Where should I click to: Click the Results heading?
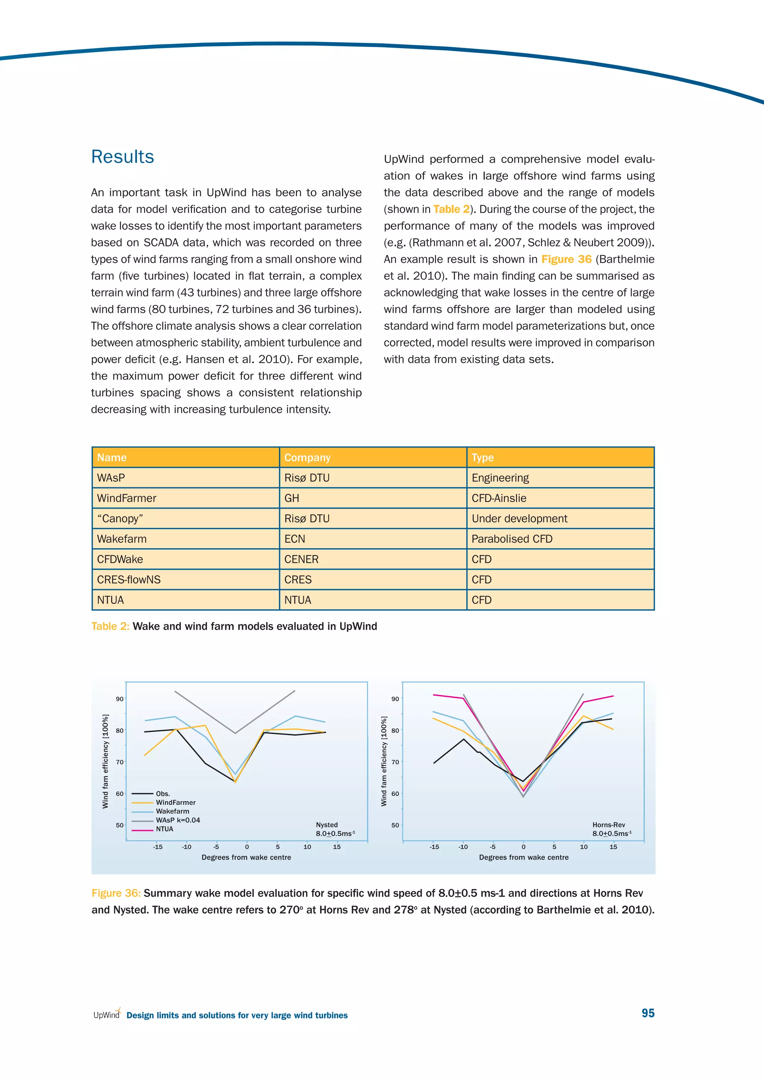(122, 157)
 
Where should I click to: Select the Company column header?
(307, 457)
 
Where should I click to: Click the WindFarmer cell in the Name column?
(126, 498)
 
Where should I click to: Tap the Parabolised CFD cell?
(512, 539)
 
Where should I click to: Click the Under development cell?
(519, 518)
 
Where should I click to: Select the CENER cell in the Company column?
(301, 559)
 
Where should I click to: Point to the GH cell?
(292, 498)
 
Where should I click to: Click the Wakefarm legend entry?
(172, 811)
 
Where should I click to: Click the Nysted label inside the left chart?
(326, 825)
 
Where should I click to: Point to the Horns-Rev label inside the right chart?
(608, 825)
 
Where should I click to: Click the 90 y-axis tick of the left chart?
(119, 699)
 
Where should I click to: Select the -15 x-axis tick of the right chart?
(434, 847)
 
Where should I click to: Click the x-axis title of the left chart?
(246, 857)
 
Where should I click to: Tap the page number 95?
(648, 1013)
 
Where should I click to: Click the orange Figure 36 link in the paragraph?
(566, 259)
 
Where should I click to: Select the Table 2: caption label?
(110, 626)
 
